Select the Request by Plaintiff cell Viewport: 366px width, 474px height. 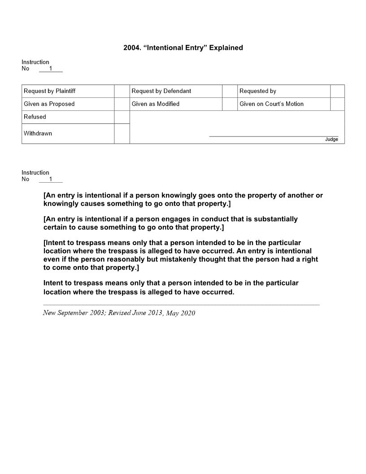(x=49, y=91)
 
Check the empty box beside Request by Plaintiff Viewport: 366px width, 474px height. (x=122, y=91)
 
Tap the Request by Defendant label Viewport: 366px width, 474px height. (x=161, y=91)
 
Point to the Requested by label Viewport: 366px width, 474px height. (x=257, y=91)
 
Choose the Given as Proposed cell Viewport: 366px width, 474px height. (x=49, y=104)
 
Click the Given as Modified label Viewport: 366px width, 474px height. (x=155, y=104)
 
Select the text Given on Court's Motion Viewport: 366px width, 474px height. (x=271, y=104)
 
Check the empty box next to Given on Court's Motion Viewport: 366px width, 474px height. (x=337, y=104)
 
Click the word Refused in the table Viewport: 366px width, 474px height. (x=35, y=117)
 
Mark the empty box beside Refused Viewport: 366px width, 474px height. (x=122, y=117)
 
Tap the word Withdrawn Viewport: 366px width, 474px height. (x=38, y=133)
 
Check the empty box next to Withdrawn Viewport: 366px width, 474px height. (x=122, y=134)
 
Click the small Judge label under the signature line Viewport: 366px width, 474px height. (x=331, y=140)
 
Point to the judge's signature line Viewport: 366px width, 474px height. (x=274, y=136)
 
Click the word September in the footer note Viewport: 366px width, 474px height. (x=72, y=312)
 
